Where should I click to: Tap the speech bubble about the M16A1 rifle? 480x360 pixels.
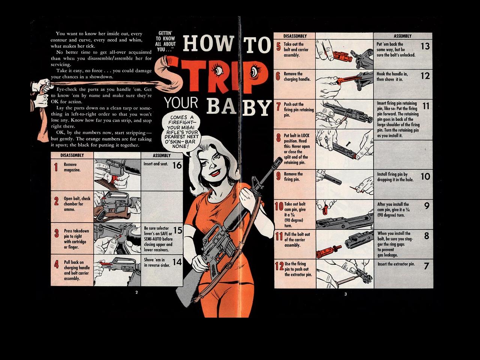(x=181, y=133)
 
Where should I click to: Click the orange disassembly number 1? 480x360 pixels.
(x=56, y=167)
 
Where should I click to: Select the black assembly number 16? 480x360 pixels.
(x=177, y=165)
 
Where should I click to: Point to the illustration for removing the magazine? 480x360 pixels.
(x=117, y=175)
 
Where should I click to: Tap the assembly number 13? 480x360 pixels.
(x=425, y=46)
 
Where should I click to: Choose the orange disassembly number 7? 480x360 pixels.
(x=278, y=106)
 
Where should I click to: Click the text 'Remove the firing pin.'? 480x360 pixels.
(x=293, y=177)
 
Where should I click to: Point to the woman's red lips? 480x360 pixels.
(x=214, y=173)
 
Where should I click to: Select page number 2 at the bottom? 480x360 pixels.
(x=136, y=292)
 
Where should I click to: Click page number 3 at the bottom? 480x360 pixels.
(x=345, y=294)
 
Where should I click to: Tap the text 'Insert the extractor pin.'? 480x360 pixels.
(x=396, y=264)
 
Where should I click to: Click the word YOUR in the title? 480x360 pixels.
(x=181, y=103)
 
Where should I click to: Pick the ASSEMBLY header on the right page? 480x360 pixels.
(x=403, y=36)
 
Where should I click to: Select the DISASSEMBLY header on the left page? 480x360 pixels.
(x=72, y=155)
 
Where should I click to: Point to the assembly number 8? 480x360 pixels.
(x=427, y=236)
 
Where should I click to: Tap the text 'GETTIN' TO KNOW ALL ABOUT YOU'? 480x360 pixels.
(x=165, y=41)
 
